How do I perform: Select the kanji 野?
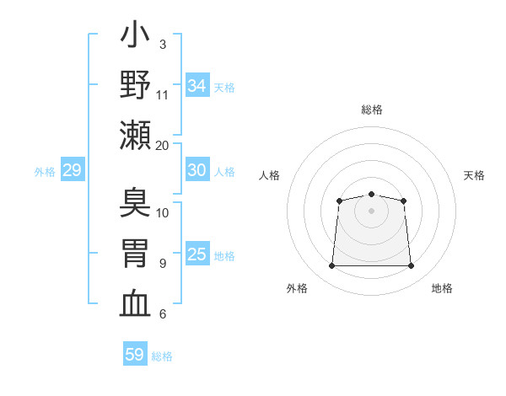point(135,85)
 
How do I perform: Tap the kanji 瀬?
point(135,135)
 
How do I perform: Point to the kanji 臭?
point(135,202)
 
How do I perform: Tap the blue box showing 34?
point(197,85)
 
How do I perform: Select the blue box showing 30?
point(197,169)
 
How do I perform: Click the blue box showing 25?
point(197,254)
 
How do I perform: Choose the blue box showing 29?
point(72,171)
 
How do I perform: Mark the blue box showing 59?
point(135,355)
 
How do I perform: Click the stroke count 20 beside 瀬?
point(163,145)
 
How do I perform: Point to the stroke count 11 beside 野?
point(163,94)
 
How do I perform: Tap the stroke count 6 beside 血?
point(163,314)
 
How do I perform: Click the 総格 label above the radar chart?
point(371,110)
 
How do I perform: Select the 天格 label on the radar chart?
point(474,175)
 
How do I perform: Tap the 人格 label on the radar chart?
point(269,175)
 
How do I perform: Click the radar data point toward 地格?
point(412,266)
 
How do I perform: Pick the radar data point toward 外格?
point(331,266)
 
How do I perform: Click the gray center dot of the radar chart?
point(371,210)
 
